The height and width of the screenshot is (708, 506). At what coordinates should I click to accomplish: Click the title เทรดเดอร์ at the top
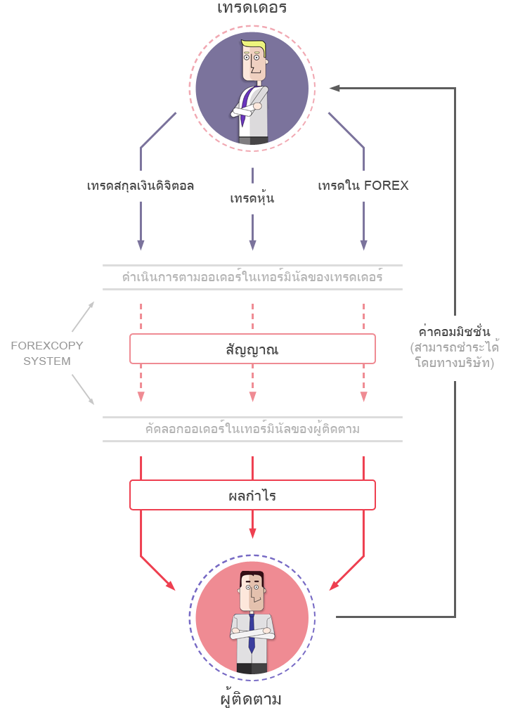252,8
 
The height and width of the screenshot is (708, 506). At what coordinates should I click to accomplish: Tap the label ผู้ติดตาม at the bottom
252,698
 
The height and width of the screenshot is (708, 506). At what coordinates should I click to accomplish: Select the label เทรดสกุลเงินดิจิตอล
141,186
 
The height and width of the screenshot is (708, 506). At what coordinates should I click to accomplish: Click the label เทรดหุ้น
252,198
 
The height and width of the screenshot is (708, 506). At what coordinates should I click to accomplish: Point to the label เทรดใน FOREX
363,186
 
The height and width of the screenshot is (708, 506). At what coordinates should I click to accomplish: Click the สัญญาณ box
252,349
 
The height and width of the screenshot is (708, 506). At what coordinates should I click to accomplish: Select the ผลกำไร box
252,495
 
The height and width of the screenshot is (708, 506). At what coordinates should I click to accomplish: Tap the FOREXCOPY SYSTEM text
47,354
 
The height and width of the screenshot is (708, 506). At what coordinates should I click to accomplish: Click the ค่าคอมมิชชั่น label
454,330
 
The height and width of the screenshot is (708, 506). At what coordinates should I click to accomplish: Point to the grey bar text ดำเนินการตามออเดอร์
252,277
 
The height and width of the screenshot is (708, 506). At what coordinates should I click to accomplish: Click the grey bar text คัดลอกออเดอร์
252,429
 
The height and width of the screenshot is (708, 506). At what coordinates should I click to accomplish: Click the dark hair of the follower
252,577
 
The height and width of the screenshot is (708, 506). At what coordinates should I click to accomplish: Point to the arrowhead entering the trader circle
335,88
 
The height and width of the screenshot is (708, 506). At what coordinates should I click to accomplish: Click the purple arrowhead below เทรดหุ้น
252,245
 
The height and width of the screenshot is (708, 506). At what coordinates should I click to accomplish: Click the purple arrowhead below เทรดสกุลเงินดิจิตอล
141,245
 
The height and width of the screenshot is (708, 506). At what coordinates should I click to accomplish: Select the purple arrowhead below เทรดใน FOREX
363,245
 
